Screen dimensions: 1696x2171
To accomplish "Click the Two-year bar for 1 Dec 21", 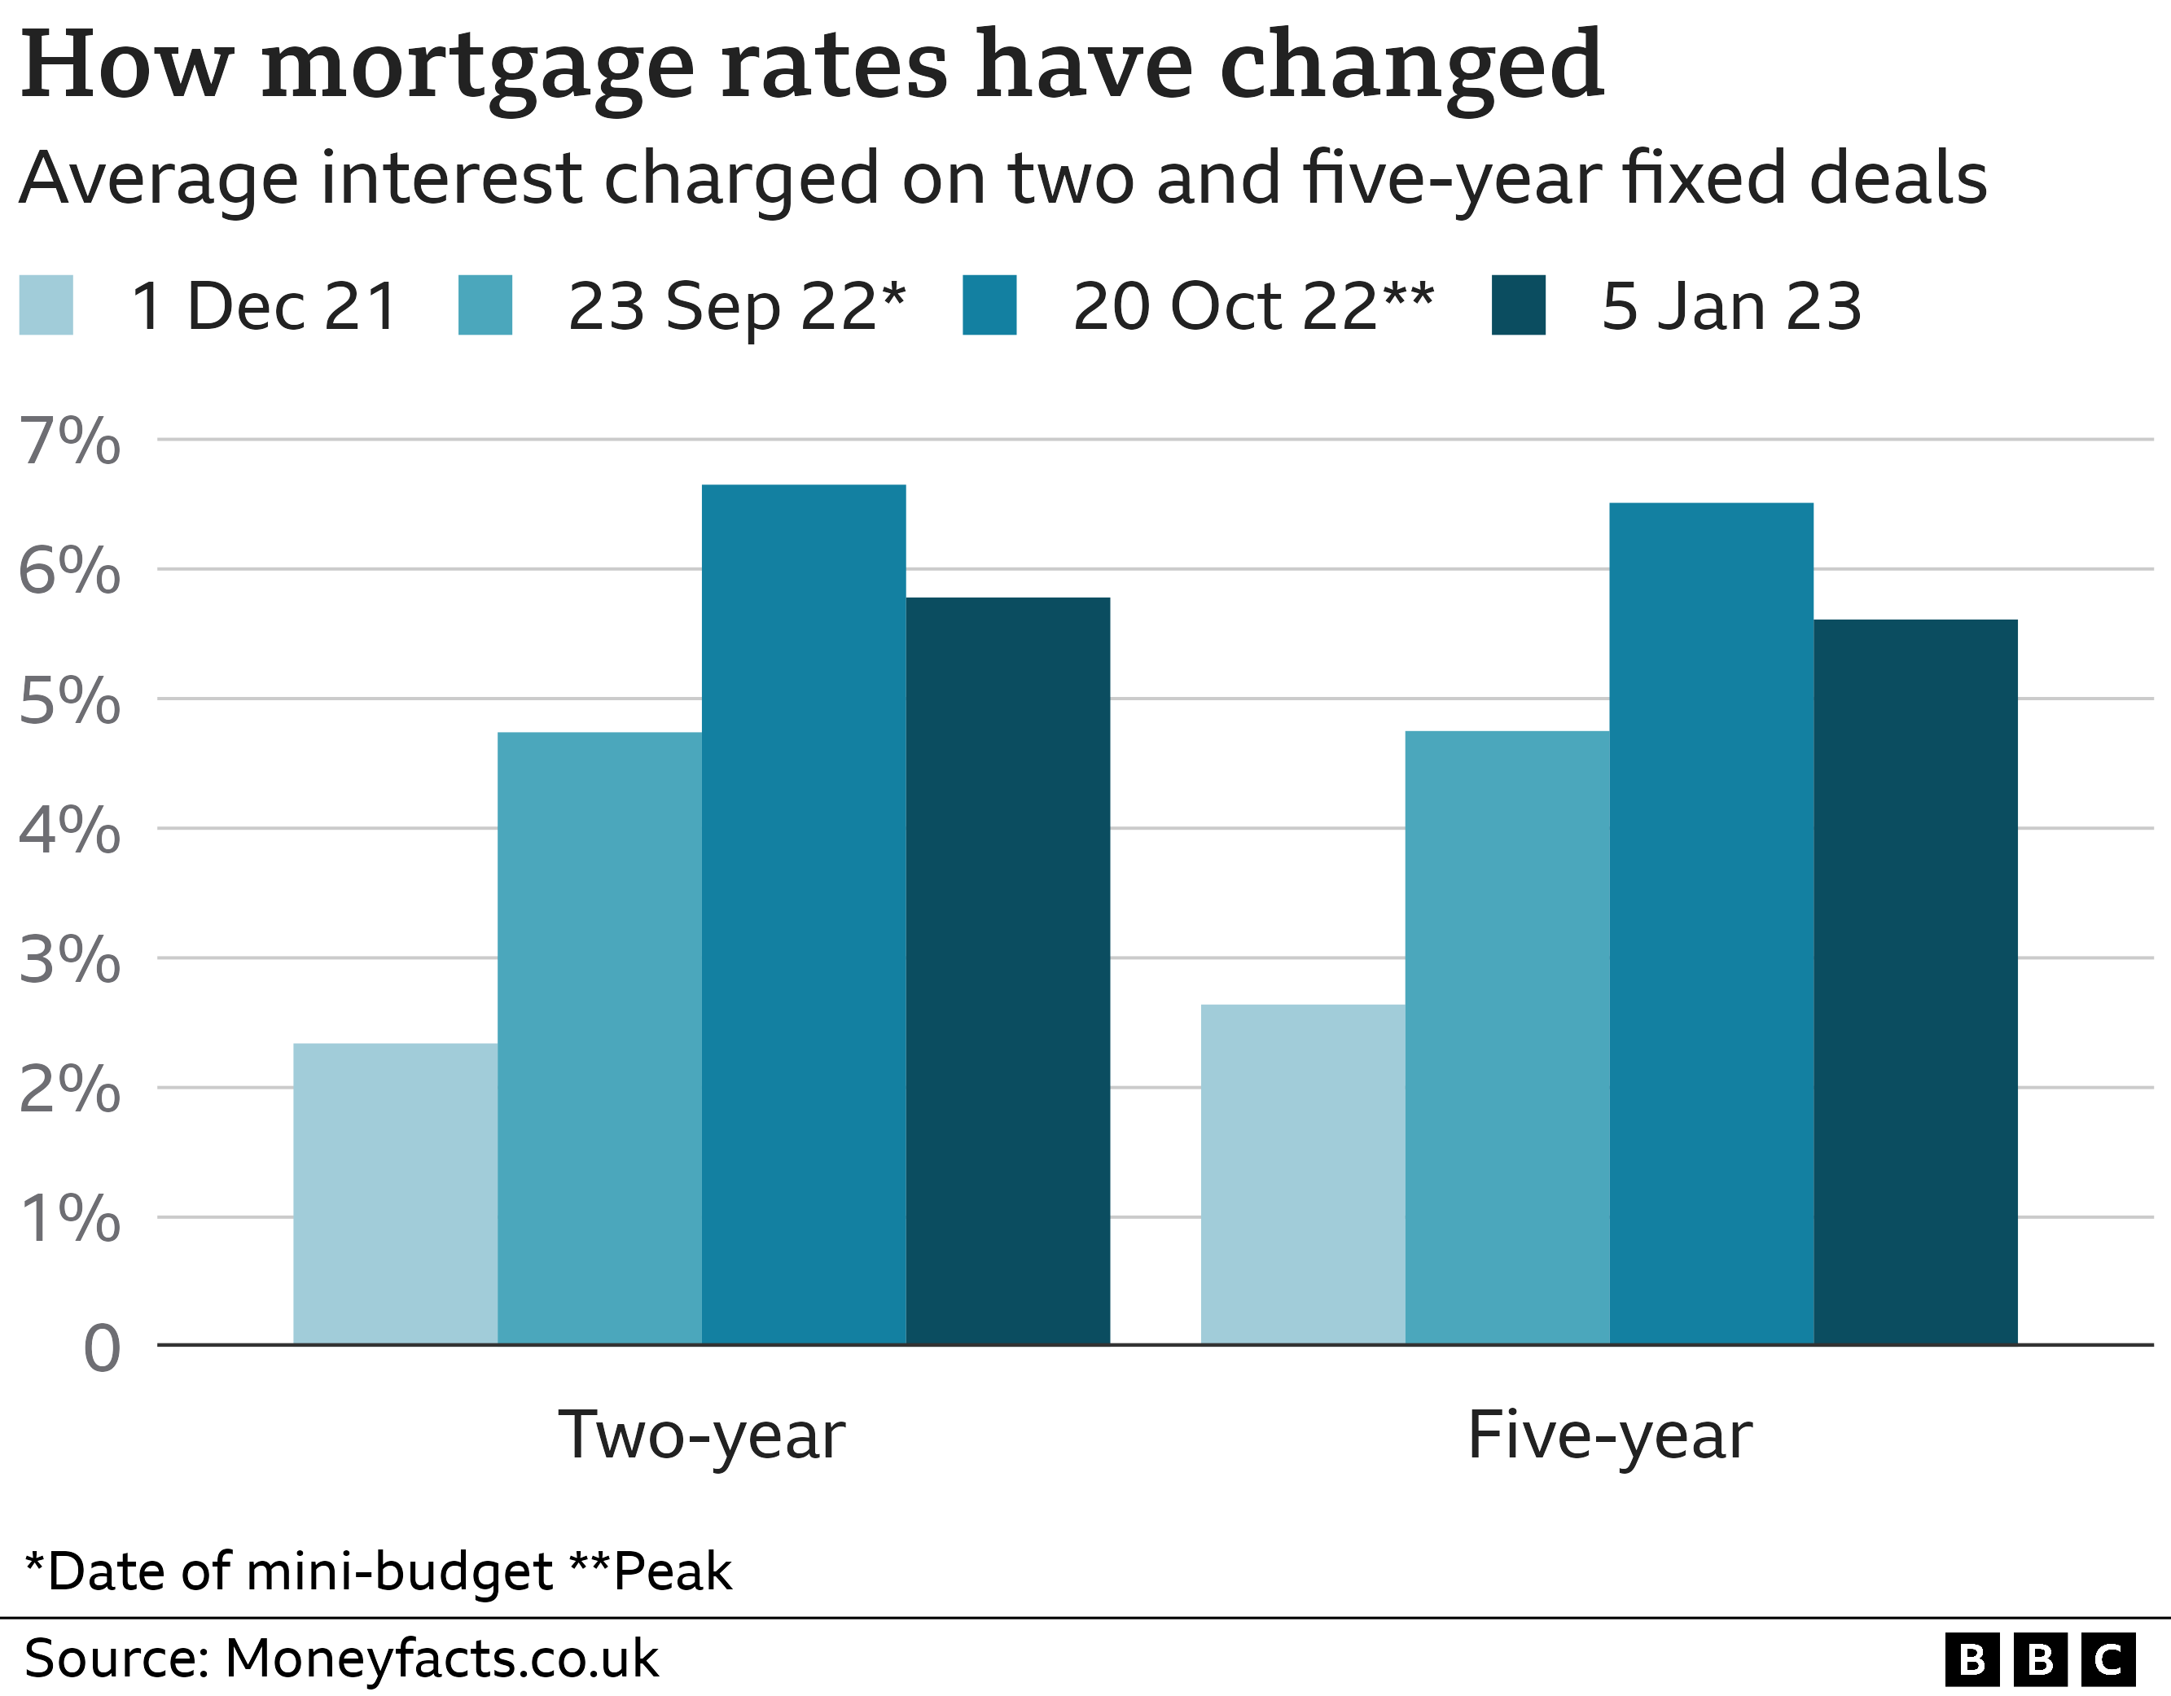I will pyautogui.click(x=395, y=1193).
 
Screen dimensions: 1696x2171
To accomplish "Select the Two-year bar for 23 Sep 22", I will pyautogui.click(x=599, y=1038).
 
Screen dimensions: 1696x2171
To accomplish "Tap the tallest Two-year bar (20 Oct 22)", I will pyautogui.click(x=803, y=914).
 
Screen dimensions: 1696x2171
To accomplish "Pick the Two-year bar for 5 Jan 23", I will pyautogui.click(x=1007, y=971).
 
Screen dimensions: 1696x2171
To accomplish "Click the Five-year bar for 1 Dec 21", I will pyautogui.click(x=1302, y=1174).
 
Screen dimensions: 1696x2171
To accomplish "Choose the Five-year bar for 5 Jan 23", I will pyautogui.click(x=1914, y=981).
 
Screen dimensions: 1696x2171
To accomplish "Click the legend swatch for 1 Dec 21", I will pyautogui.click(x=46, y=305).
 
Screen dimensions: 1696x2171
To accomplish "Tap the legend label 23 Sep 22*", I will pyautogui.click(x=735, y=306).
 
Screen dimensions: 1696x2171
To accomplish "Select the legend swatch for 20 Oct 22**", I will pyautogui.click(x=989, y=305).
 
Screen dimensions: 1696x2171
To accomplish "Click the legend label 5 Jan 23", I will pyautogui.click(x=1730, y=306).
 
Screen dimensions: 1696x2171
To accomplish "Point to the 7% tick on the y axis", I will pyautogui.click(x=69, y=440).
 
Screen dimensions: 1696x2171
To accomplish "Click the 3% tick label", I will pyautogui.click(x=69, y=960).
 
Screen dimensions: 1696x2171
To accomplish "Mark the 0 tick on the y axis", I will pyautogui.click(x=102, y=1349).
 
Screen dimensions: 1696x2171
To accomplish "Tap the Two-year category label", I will pyautogui.click(x=701, y=1436).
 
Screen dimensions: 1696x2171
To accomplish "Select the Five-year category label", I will pyautogui.click(x=1609, y=1436).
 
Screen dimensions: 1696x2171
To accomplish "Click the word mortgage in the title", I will pyautogui.click(x=477, y=68).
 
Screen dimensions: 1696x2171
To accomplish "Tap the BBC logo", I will pyautogui.click(x=2040, y=1659).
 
